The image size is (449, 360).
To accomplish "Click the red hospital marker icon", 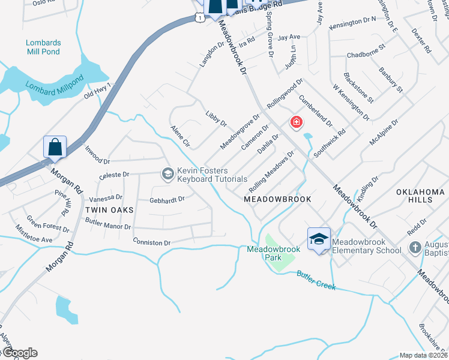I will click(x=296, y=123).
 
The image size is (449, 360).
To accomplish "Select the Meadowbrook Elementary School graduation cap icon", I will click(x=319, y=239).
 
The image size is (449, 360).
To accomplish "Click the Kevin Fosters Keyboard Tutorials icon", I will click(x=167, y=174).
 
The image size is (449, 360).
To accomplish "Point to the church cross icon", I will click(x=415, y=247).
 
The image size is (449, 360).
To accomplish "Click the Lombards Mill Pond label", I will click(x=43, y=47).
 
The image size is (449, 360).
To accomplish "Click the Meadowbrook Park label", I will click(x=265, y=253).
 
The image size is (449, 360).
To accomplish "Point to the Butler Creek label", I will click(x=316, y=281).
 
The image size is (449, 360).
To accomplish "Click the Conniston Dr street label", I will click(x=152, y=242).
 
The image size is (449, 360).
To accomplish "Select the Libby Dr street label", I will click(x=216, y=119).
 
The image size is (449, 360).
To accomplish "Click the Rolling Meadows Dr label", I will click(x=271, y=169).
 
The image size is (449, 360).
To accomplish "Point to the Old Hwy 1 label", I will click(x=98, y=92).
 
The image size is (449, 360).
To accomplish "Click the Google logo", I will click(x=19, y=353).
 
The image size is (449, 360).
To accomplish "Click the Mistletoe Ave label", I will click(x=34, y=233).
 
